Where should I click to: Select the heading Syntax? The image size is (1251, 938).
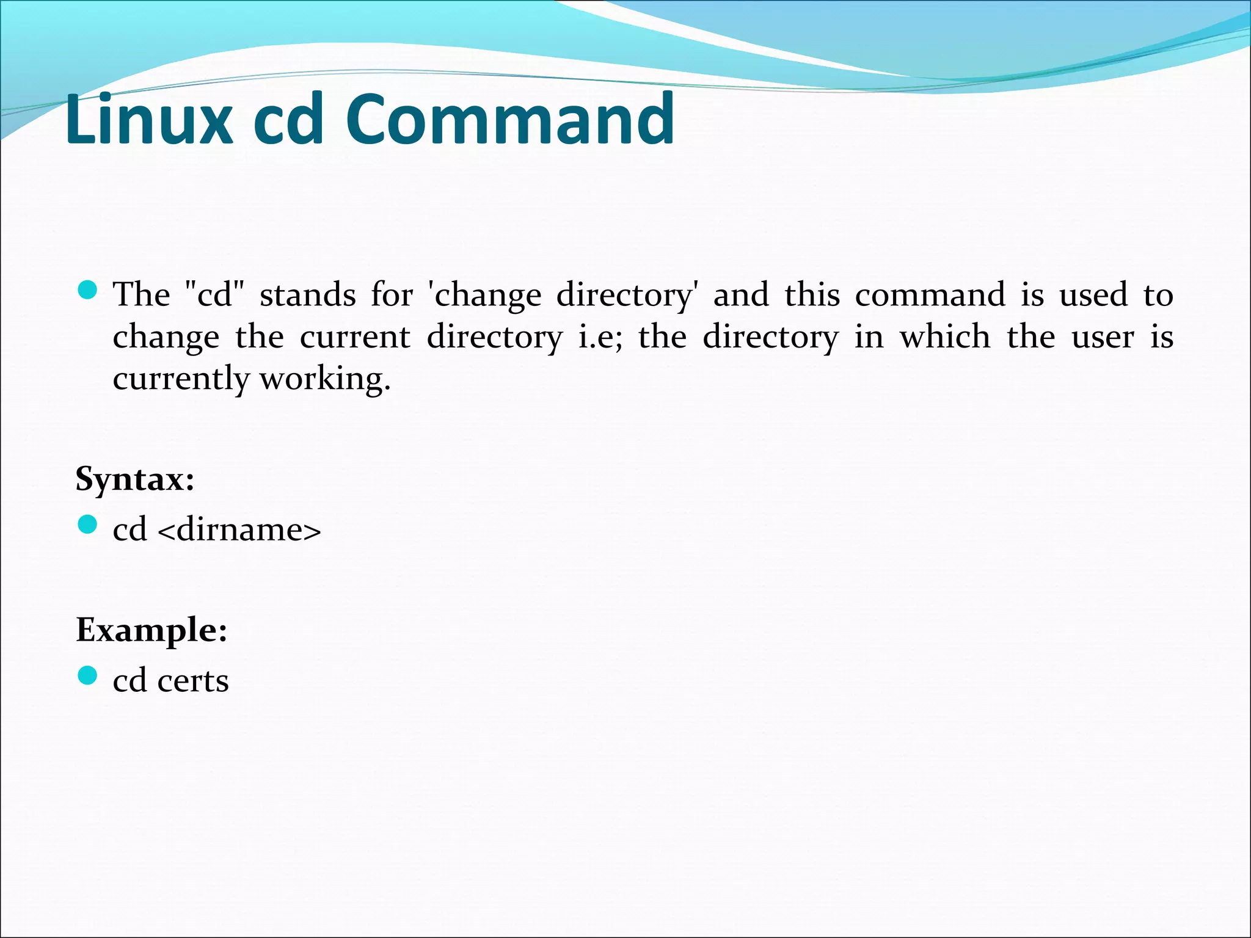[x=135, y=479]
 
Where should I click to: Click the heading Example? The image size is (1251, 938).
[x=151, y=630]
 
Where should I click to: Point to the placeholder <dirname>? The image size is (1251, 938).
[x=239, y=529]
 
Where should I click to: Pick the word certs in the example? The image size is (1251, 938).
[x=192, y=681]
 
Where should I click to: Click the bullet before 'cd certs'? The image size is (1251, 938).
[x=88, y=676]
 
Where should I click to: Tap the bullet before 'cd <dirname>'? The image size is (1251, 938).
[x=88, y=525]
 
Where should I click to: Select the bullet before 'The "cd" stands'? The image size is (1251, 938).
[x=88, y=290]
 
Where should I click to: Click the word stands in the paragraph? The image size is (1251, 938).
[x=307, y=295]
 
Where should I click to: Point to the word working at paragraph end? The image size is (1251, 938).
[x=325, y=379]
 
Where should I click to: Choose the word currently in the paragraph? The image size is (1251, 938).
[x=181, y=379]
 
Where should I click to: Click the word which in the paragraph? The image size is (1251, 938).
[x=944, y=337]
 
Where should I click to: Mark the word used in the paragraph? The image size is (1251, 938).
[x=1093, y=295]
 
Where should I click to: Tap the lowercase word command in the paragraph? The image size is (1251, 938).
[x=930, y=295]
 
